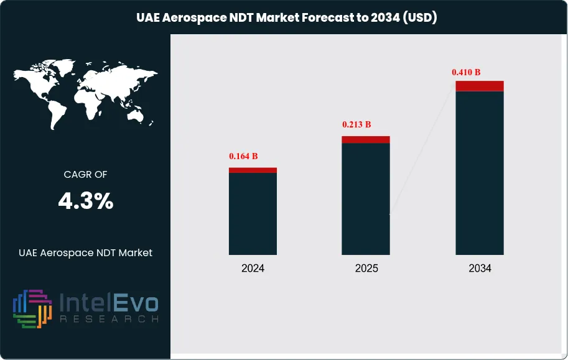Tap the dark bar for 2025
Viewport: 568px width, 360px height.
click(x=366, y=199)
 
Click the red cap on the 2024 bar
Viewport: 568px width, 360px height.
click(x=253, y=170)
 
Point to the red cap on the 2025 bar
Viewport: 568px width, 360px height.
click(x=366, y=139)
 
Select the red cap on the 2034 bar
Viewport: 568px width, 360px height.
click(x=480, y=86)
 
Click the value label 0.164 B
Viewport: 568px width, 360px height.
click(x=243, y=156)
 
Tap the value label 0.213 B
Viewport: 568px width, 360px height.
click(x=356, y=124)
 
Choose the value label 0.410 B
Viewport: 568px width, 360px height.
click(x=466, y=72)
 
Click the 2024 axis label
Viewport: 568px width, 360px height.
click(x=253, y=269)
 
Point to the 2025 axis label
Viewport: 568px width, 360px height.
click(x=366, y=269)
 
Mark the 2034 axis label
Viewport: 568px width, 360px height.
click(x=480, y=269)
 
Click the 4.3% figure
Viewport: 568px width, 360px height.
click(x=86, y=201)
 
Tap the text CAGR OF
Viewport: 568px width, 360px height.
click(x=86, y=175)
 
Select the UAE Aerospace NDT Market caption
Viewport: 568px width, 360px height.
click(x=86, y=252)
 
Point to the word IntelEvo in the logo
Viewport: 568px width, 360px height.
click(x=109, y=304)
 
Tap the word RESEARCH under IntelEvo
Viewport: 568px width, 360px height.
click(x=109, y=319)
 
